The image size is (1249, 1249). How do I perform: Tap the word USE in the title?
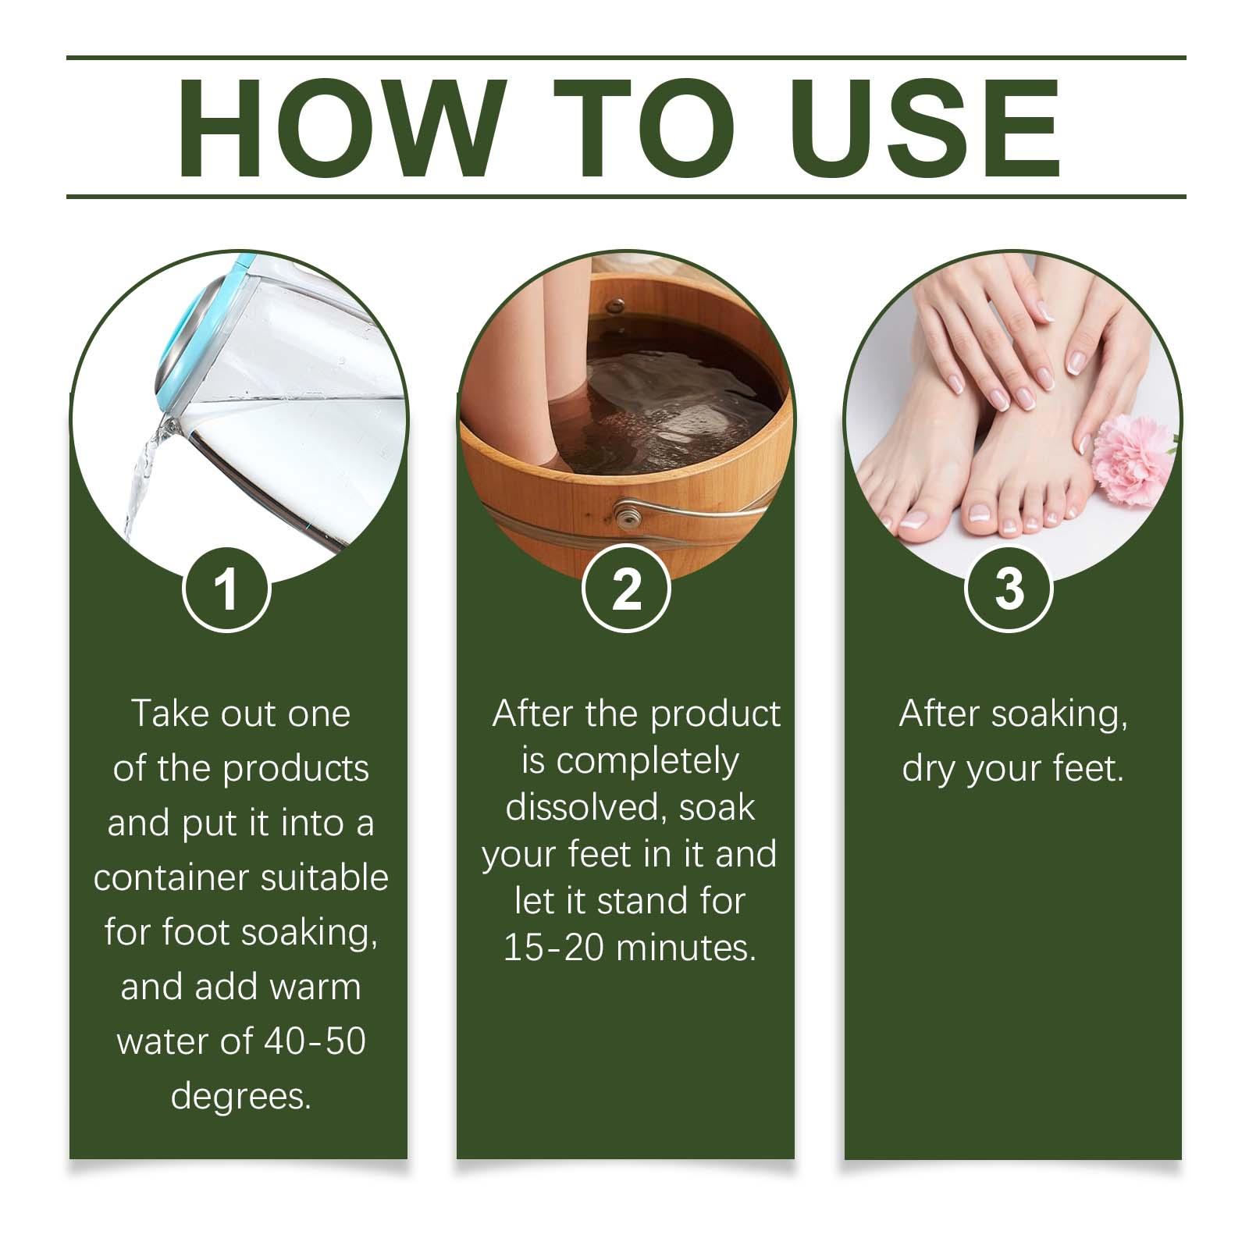[929, 128]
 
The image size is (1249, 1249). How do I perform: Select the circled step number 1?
[226, 589]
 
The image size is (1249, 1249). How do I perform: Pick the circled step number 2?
[626, 589]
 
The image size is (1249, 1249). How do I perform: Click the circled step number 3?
[1009, 589]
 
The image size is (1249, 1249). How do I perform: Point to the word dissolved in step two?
[585, 807]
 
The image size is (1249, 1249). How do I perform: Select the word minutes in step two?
[686, 948]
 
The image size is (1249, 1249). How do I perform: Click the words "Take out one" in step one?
[241, 713]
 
